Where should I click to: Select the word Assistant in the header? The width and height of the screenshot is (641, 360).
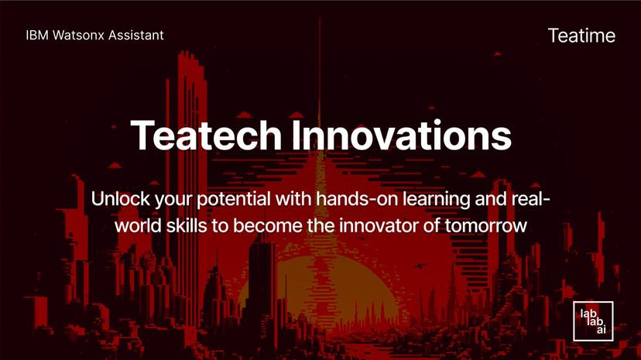[x=136, y=35]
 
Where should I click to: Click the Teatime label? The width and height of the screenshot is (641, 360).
[x=581, y=35]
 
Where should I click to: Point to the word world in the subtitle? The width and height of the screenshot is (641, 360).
[x=136, y=225]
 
